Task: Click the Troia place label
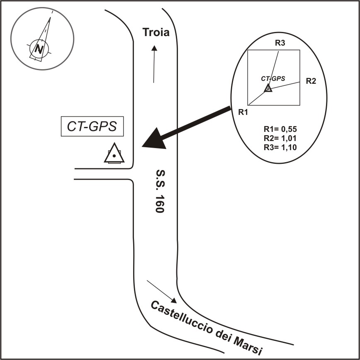pos(156,32)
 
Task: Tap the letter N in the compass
pos(39,49)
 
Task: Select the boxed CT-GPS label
pos(92,126)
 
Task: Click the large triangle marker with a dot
pos(114,153)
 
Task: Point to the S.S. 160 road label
pos(160,191)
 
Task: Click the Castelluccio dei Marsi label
pos(207,328)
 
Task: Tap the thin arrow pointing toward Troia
pos(154,64)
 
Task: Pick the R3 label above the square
pos(280,43)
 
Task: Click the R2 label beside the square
pos(311,81)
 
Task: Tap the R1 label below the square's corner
pos(243,112)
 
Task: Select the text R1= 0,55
pos(280,129)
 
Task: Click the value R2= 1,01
pos(280,139)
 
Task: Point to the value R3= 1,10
pos(280,147)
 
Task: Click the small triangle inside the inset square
pos(268,88)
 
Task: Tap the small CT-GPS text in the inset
pos(273,78)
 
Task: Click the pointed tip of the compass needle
pos(50,17)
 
